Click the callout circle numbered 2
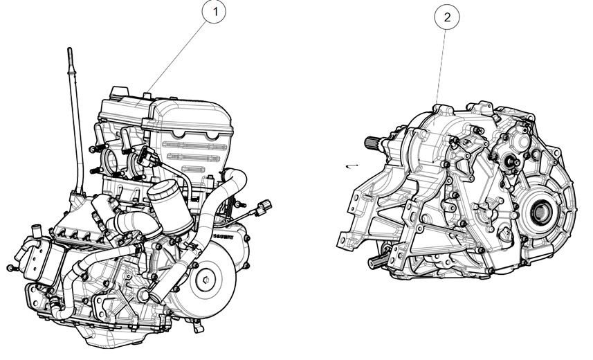447,17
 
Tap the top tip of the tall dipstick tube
70,51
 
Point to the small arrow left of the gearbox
352,166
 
